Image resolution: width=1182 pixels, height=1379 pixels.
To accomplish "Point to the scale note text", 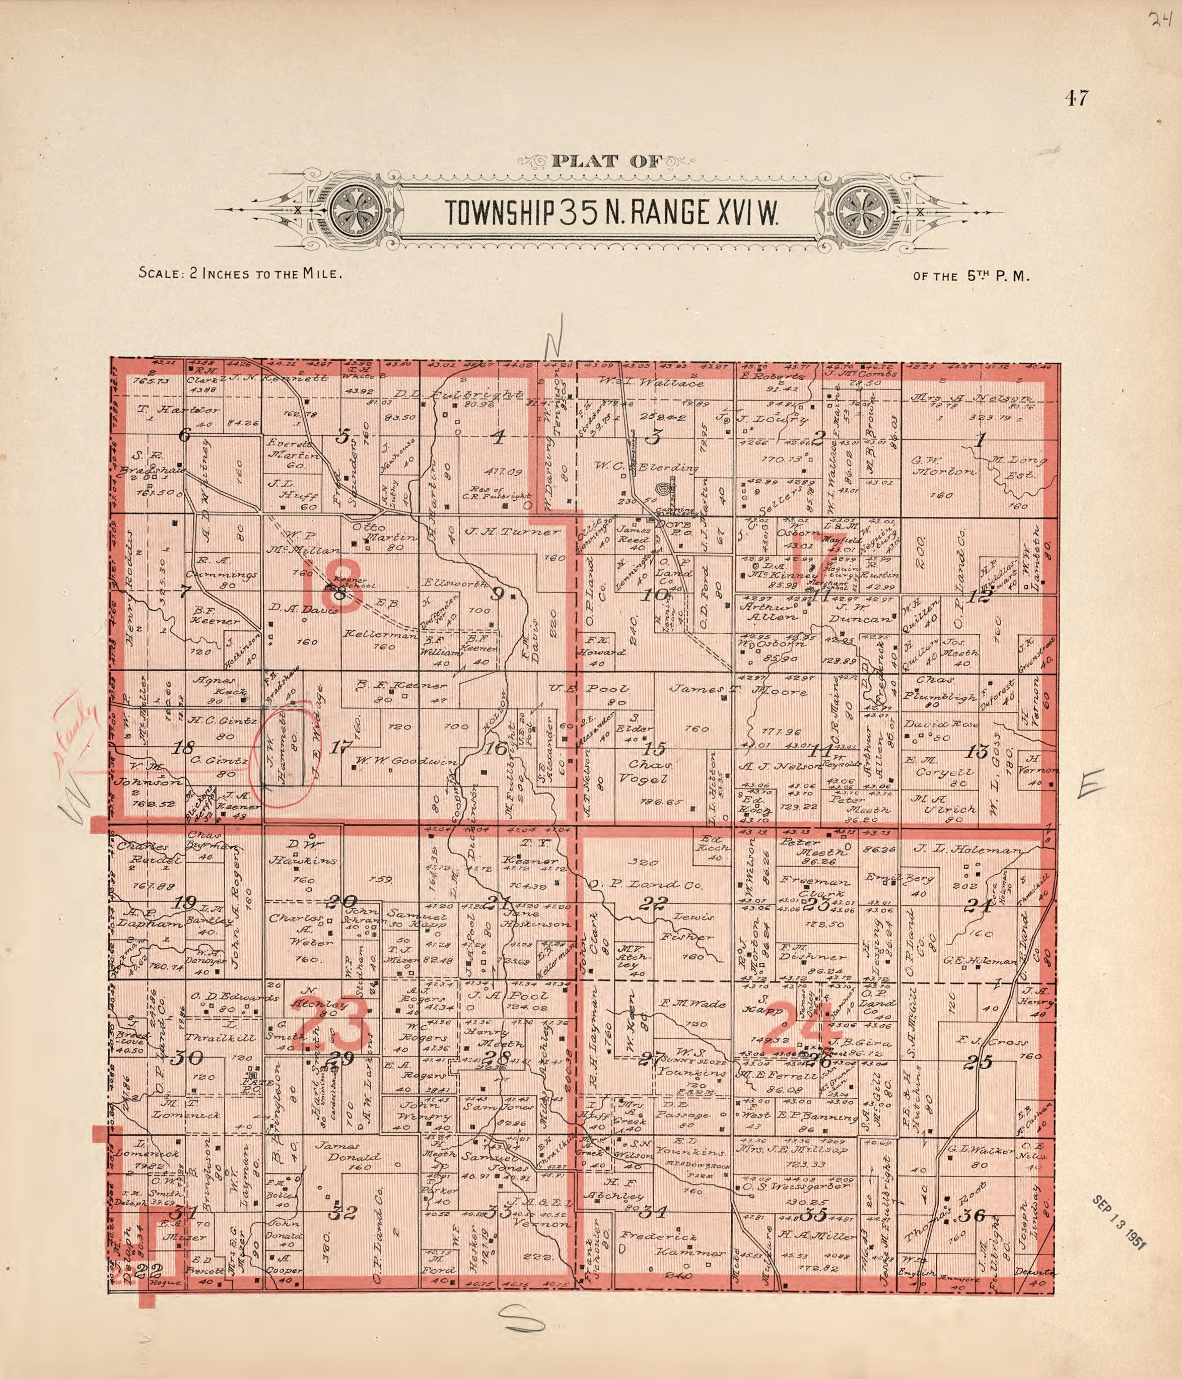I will point(240,273).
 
